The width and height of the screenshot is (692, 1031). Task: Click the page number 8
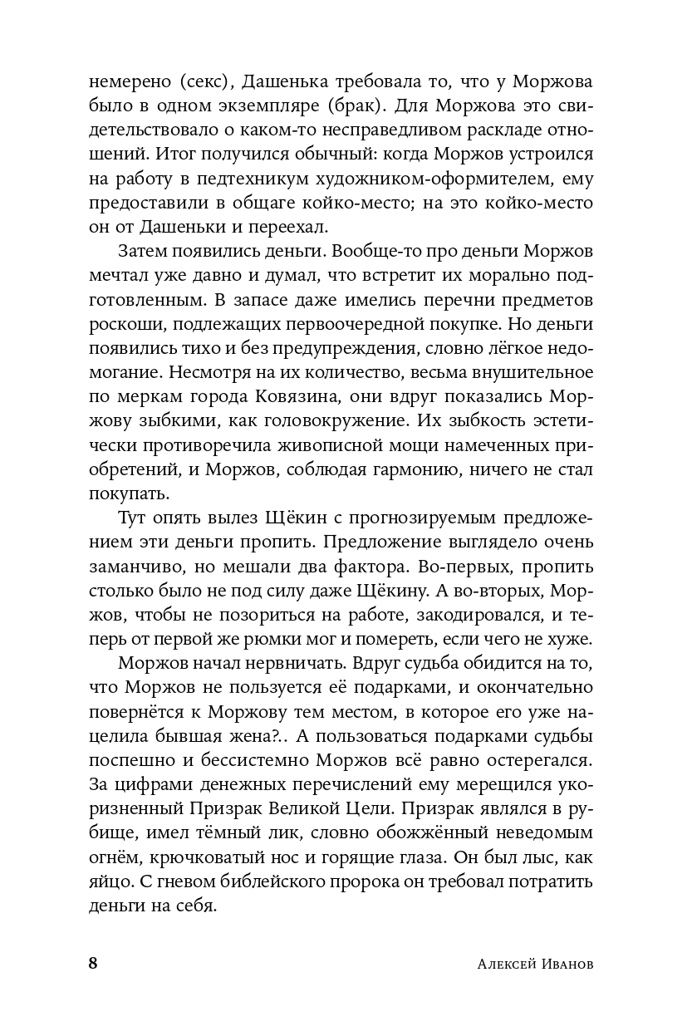tap(93, 964)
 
